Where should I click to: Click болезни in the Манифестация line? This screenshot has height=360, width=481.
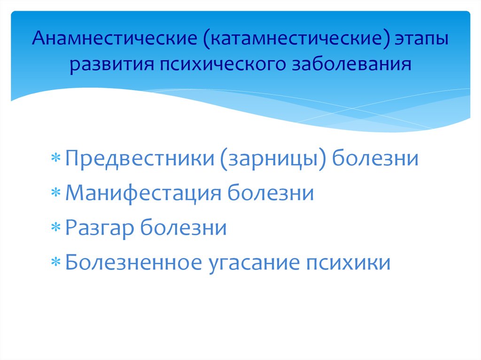(271, 193)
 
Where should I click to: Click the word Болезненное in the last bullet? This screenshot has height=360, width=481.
(134, 263)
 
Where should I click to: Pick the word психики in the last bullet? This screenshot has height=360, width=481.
(348, 263)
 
